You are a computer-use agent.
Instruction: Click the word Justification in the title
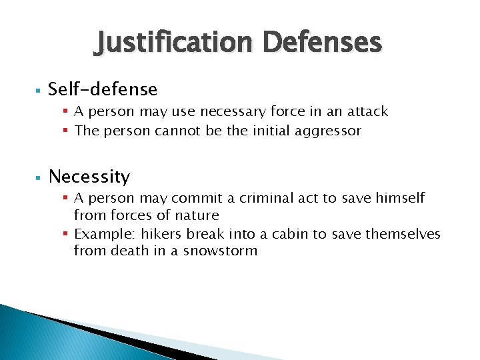[x=175, y=43]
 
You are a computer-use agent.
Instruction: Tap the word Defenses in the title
[x=323, y=43]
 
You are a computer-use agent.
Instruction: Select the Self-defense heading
[x=103, y=89]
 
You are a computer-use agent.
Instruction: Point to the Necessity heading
[x=89, y=177]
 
